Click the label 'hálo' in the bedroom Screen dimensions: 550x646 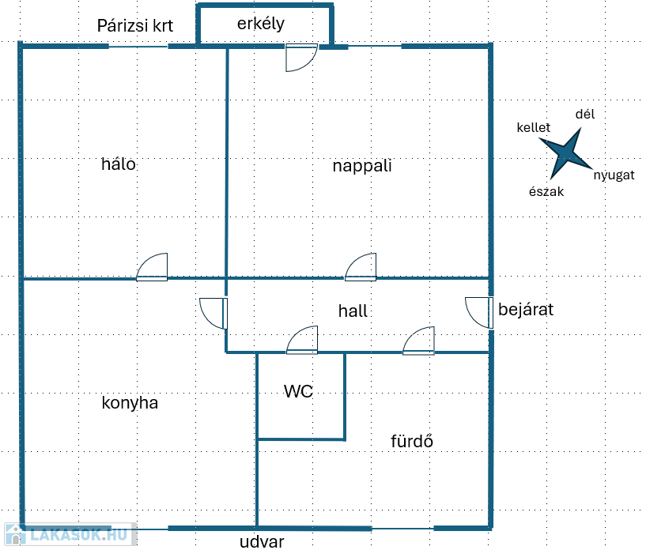pyautogui.click(x=119, y=164)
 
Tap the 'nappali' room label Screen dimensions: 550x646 pyautogui.click(x=362, y=166)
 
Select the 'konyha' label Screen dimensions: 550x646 pyautogui.click(x=130, y=403)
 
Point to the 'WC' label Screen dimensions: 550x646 pyautogui.click(x=299, y=391)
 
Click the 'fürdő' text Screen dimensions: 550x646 pyautogui.click(x=412, y=441)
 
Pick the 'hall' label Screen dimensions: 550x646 pyautogui.click(x=353, y=311)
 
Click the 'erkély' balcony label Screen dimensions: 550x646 pyautogui.click(x=261, y=24)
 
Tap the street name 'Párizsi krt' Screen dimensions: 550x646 pyautogui.click(x=134, y=25)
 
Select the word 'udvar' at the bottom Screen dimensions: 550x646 pyautogui.click(x=262, y=541)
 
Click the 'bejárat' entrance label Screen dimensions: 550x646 pyautogui.click(x=526, y=310)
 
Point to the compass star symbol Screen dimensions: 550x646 pyautogui.click(x=566, y=153)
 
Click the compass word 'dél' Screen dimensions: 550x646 pyautogui.click(x=585, y=115)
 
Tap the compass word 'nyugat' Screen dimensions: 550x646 pyautogui.click(x=614, y=175)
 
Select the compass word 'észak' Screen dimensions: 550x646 pyautogui.click(x=546, y=191)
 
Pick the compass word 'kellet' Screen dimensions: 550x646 pyautogui.click(x=533, y=127)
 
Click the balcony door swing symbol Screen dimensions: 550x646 pyautogui.click(x=300, y=58)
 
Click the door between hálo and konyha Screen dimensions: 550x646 pyautogui.click(x=152, y=267)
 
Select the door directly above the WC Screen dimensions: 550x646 pyautogui.click(x=302, y=340)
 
